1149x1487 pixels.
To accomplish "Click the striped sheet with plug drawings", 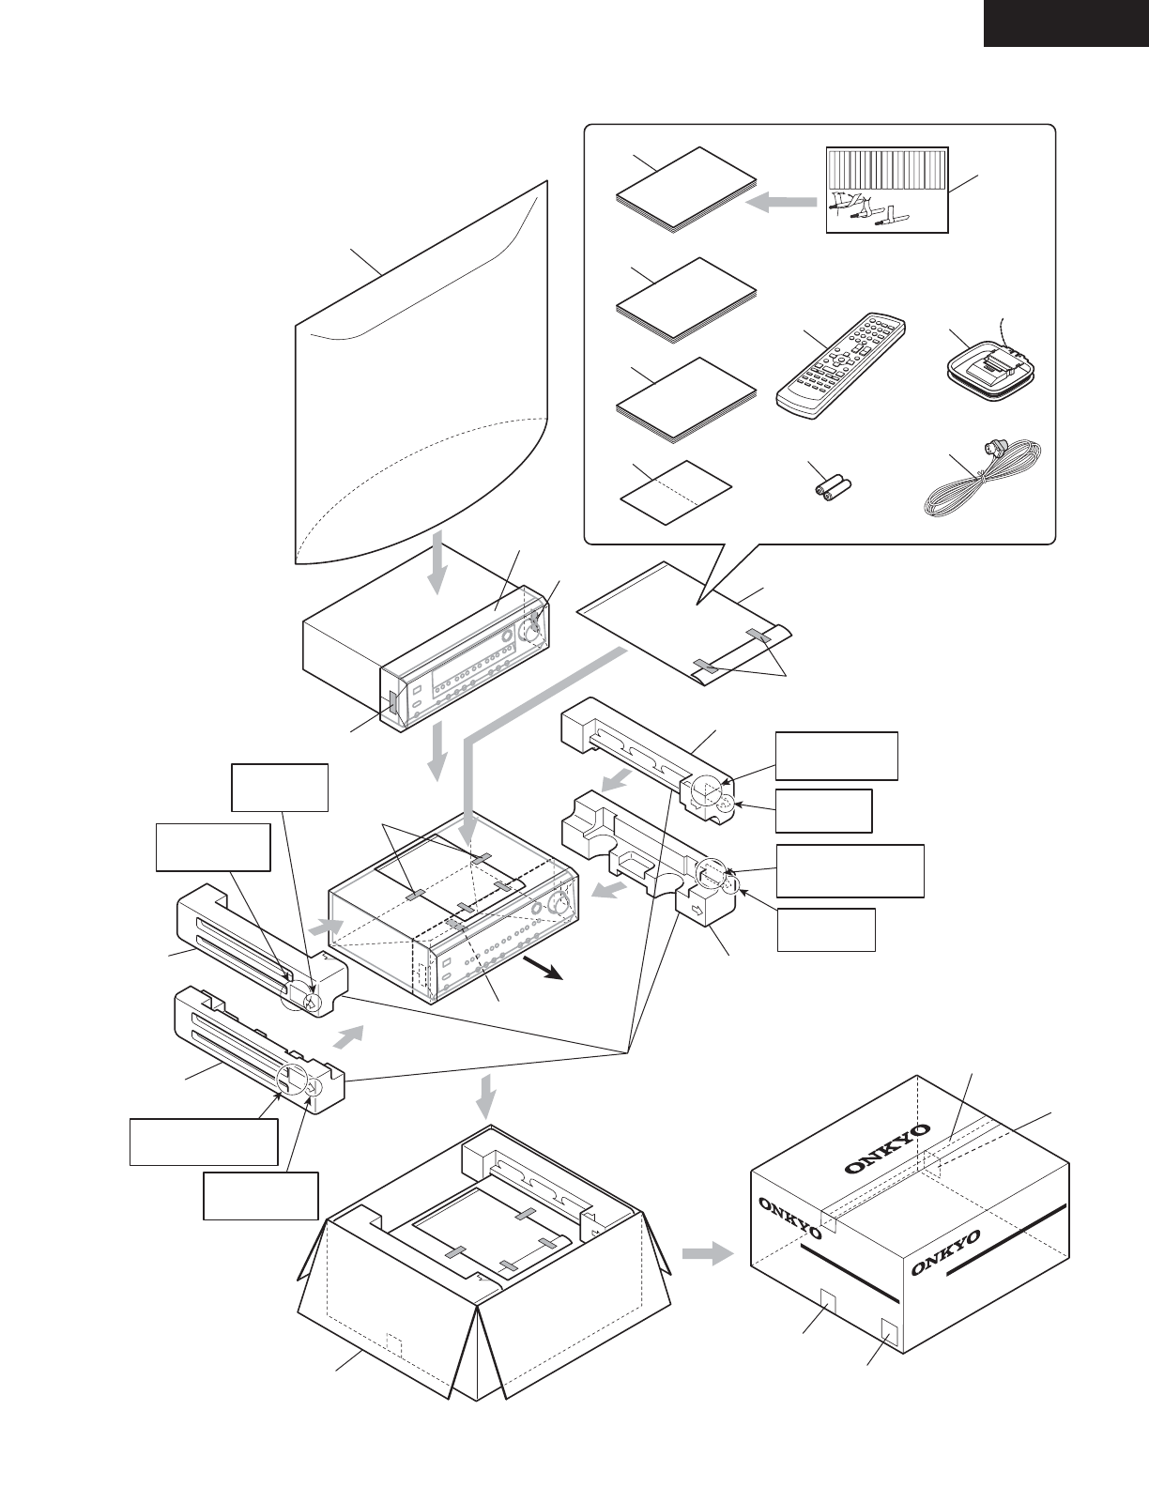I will click(x=888, y=190).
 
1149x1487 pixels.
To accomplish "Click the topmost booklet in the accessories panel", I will click(x=685, y=188).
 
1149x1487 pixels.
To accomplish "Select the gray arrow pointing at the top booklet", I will click(x=782, y=200).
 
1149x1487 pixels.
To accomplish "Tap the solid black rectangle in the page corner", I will click(x=1065, y=23).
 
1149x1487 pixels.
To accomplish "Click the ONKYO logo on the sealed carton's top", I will click(x=887, y=1147).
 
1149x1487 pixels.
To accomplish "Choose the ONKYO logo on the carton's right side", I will click(x=946, y=1253).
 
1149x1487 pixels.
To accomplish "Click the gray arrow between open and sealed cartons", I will click(x=706, y=1254).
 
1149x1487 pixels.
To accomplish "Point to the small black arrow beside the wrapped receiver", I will click(x=545, y=969).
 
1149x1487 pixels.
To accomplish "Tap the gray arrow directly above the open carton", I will click(x=486, y=1091).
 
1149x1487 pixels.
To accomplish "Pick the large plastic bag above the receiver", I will click(x=422, y=376).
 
